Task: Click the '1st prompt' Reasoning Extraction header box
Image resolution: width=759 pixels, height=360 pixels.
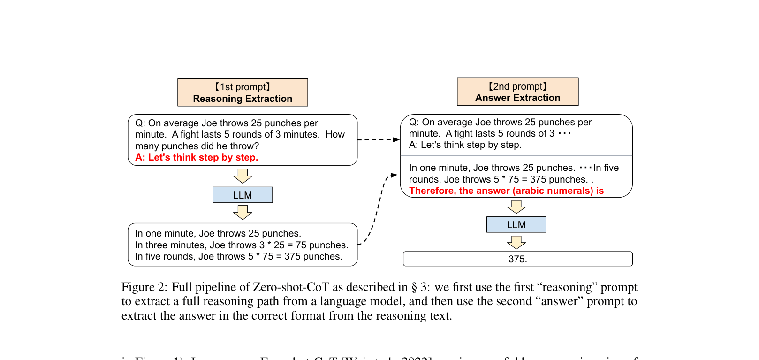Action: (x=243, y=92)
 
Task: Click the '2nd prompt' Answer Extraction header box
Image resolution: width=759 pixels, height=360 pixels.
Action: (x=517, y=92)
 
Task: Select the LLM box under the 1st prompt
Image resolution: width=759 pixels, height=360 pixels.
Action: (x=243, y=195)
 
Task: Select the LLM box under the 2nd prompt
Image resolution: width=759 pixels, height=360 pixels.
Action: (x=516, y=224)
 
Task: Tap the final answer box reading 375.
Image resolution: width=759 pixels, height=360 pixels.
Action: (x=517, y=259)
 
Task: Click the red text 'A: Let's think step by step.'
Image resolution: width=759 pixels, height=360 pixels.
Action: (x=197, y=157)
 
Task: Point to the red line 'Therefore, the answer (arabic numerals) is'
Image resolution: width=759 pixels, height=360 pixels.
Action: (x=506, y=191)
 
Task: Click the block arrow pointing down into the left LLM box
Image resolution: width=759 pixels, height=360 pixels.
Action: (x=243, y=176)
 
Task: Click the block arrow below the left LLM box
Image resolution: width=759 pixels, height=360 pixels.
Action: (x=243, y=213)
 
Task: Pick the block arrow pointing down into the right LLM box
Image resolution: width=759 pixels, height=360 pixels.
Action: (x=516, y=207)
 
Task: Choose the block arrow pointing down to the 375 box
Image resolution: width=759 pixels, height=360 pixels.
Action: (x=516, y=242)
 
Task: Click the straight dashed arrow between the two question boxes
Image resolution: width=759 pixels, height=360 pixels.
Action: (x=378, y=139)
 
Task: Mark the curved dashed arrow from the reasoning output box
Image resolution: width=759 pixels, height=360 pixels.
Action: (x=378, y=209)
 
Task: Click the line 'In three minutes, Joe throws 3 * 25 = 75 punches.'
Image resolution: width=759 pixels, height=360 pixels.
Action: (x=242, y=245)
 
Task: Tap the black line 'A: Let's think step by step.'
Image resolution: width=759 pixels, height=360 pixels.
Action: (x=465, y=145)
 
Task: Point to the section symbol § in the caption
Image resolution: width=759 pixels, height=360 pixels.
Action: (x=414, y=287)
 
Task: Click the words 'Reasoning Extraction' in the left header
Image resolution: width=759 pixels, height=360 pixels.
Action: (x=243, y=99)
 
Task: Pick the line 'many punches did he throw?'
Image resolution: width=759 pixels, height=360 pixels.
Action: (x=197, y=146)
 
